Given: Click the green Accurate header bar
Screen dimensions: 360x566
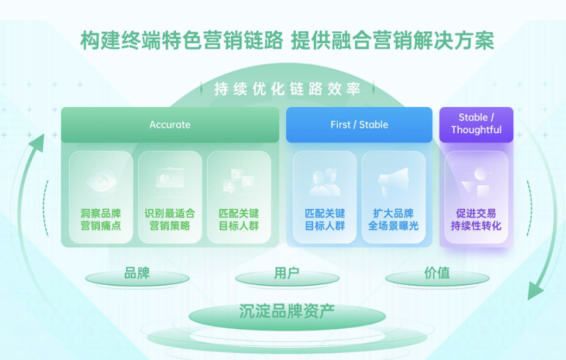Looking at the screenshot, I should coord(170,124).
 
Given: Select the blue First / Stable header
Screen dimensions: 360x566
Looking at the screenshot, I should coord(359,124).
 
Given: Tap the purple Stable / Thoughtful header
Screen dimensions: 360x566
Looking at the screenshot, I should coord(476,124).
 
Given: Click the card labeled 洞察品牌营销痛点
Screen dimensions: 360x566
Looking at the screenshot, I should coord(100,197).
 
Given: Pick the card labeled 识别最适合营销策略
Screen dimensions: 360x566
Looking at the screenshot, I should coord(170,197).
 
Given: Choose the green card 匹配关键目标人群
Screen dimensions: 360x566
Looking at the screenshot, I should coord(238,197).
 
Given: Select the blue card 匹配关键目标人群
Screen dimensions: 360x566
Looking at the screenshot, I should coord(325,197).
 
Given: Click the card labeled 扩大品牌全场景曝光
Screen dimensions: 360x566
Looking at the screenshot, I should coord(393,197).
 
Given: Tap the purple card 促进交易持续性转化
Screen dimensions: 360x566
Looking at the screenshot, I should coord(476,197).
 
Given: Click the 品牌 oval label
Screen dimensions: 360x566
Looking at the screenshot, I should coord(137,274).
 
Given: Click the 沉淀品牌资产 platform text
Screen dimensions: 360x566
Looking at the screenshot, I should coord(287,311).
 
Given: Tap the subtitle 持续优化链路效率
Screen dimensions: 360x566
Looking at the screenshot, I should coord(287,89).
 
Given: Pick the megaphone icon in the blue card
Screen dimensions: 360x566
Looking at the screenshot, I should coord(393,182).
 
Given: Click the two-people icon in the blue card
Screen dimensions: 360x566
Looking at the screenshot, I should coord(325,182).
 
